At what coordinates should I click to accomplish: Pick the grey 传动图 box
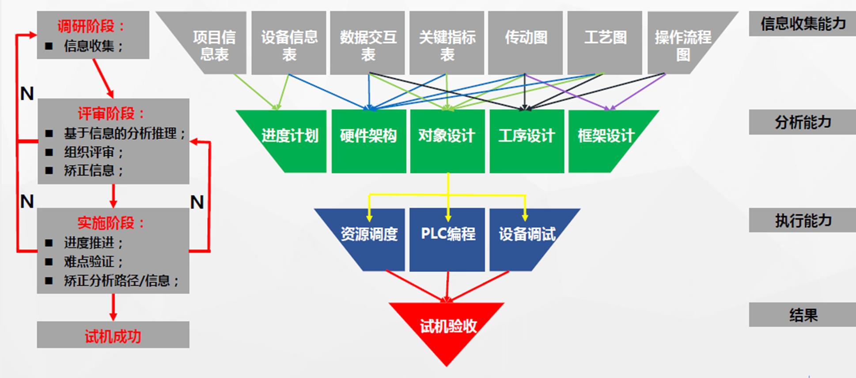click(x=525, y=42)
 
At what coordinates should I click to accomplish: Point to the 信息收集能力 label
click(x=802, y=24)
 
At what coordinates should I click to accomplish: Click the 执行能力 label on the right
click(x=802, y=220)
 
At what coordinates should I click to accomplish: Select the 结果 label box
click(x=802, y=315)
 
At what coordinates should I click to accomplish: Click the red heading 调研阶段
click(x=91, y=26)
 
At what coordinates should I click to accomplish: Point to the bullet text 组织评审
click(x=93, y=152)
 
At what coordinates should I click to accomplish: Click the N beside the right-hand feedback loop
click(x=197, y=202)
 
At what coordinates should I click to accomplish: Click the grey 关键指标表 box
click(x=447, y=45)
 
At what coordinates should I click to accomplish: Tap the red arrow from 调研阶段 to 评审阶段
click(x=103, y=78)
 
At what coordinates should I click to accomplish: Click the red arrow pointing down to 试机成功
click(x=113, y=307)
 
